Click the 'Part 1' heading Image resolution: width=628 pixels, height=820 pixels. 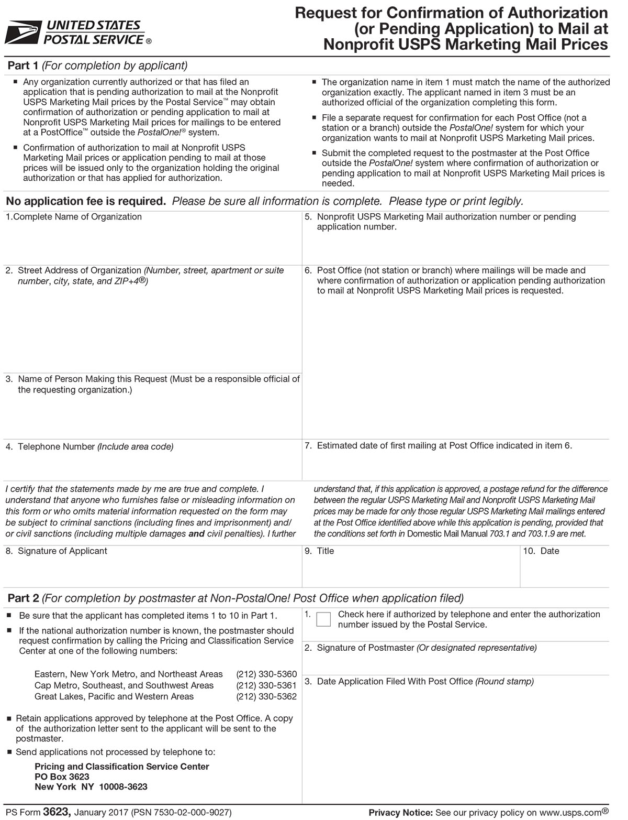23,65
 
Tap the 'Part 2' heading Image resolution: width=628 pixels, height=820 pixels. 23,598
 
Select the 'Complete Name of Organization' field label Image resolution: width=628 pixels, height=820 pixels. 74,217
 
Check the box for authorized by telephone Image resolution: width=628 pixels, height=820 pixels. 324,619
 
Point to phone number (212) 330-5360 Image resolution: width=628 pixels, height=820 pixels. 266,674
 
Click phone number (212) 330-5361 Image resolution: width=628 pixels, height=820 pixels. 266,685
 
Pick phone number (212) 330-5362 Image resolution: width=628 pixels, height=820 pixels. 266,697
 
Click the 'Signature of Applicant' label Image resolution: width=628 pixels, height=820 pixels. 62,551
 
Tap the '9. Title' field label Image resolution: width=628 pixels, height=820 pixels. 320,551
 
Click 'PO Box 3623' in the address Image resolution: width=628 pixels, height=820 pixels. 62,777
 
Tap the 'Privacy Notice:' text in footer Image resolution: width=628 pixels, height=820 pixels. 400,813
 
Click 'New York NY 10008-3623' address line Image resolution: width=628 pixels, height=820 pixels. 91,786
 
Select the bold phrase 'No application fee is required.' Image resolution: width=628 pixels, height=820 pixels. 86,201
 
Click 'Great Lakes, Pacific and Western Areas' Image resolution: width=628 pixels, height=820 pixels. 114,697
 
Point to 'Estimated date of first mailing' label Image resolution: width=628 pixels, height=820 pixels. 377,446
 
